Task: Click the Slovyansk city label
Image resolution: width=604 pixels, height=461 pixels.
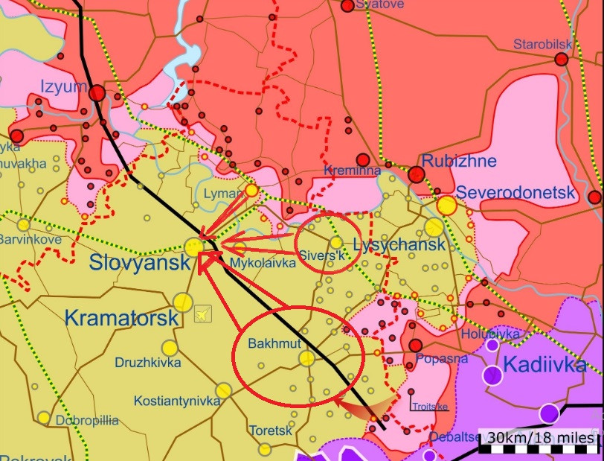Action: pos(140,262)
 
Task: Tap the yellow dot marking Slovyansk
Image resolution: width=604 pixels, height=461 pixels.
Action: pos(194,247)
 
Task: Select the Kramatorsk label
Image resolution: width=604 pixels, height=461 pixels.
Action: pos(121,318)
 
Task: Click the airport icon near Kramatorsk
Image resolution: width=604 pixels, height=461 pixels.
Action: pos(202,315)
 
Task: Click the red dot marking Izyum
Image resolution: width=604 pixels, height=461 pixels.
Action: pos(97,93)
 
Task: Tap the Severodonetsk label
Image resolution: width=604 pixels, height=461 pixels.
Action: pos(515,193)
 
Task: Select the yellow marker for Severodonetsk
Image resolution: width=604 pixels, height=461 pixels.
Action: pos(446,206)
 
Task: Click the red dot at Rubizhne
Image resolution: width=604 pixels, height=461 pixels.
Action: pos(417,175)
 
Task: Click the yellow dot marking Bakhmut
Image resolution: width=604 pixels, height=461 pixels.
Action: pos(306,358)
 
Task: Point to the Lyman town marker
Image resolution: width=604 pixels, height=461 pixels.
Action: pos(251,191)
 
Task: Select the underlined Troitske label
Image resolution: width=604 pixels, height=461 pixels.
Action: pos(431,406)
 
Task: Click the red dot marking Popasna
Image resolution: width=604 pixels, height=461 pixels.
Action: pos(416,346)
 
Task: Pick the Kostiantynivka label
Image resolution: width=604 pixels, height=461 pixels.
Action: pos(177,401)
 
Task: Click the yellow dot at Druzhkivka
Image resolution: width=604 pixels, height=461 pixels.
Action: pos(170,348)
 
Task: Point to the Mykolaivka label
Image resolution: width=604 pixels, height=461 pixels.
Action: pos(258,264)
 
